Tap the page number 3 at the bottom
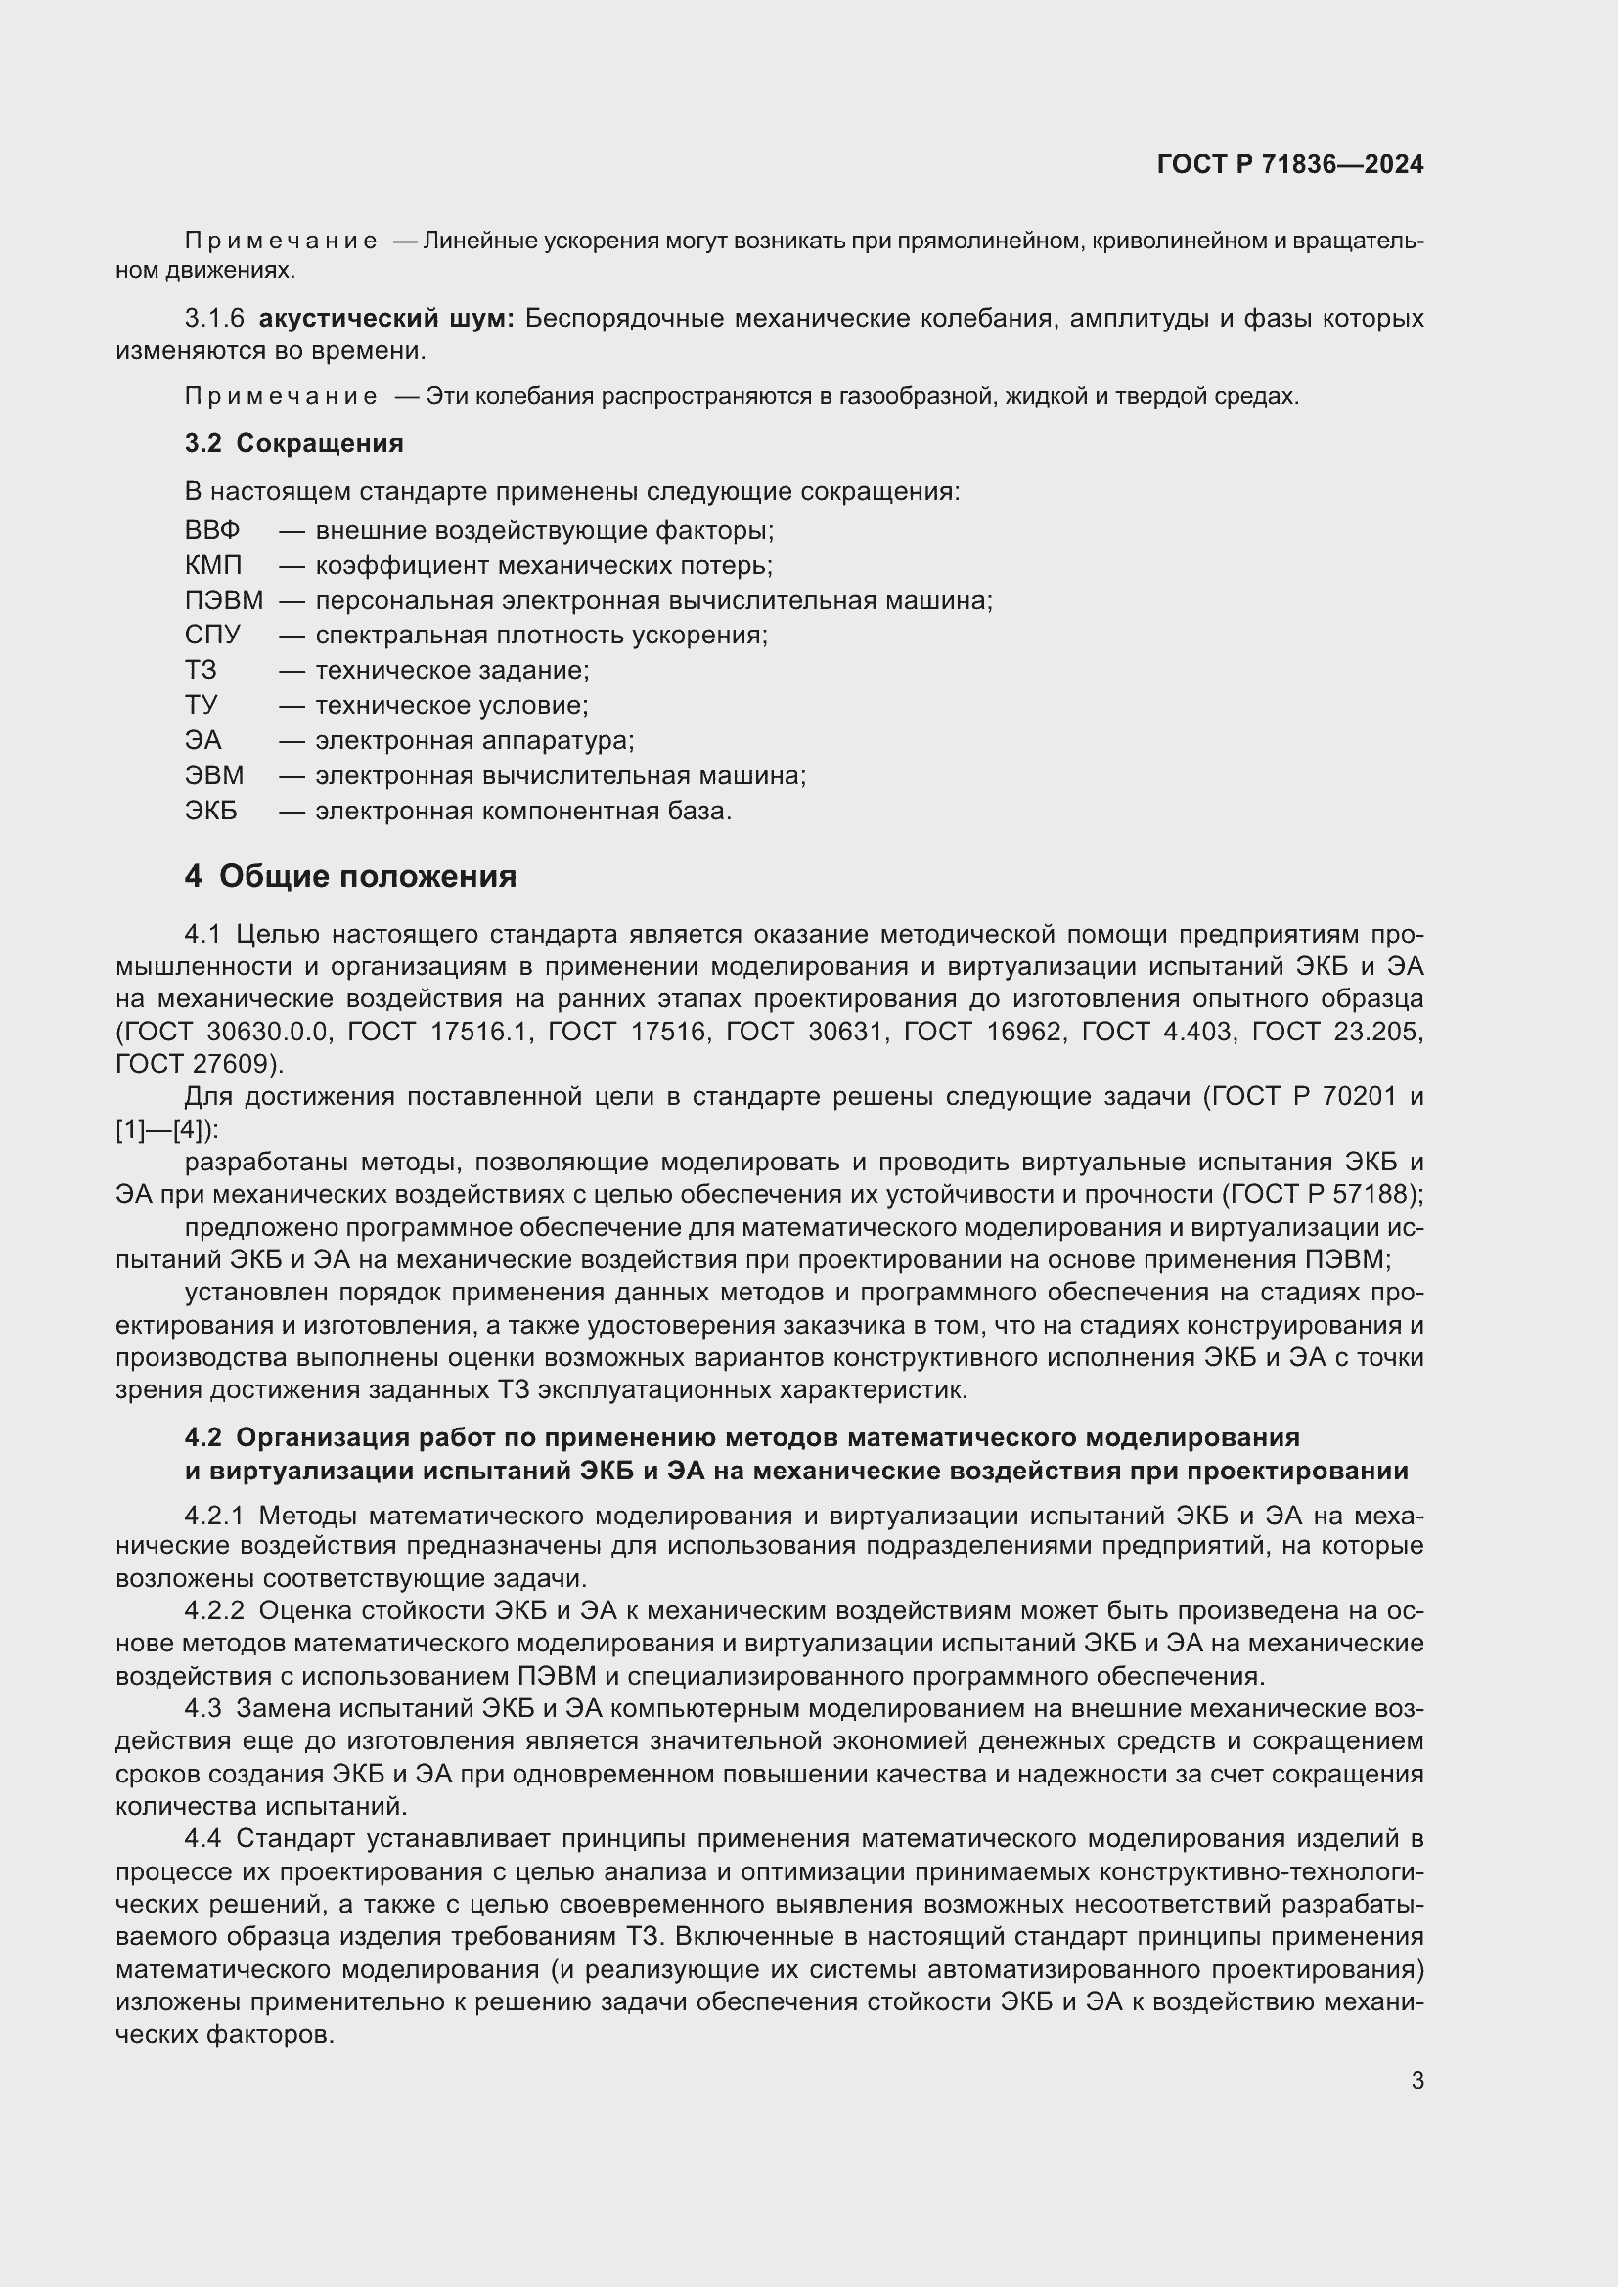click(1416, 2080)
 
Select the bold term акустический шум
click(385, 319)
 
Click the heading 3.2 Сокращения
click(293, 443)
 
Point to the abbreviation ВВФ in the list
click(212, 530)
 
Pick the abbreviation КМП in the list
click(213, 566)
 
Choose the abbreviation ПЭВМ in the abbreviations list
click(223, 600)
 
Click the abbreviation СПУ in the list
click(212, 635)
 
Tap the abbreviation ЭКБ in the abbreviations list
click(211, 811)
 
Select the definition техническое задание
click(451, 671)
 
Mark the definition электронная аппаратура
click(474, 740)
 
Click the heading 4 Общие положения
click(351, 876)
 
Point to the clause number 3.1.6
click(214, 319)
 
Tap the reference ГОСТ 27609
click(197, 1064)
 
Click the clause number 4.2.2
click(214, 1610)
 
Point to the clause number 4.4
click(202, 1838)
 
